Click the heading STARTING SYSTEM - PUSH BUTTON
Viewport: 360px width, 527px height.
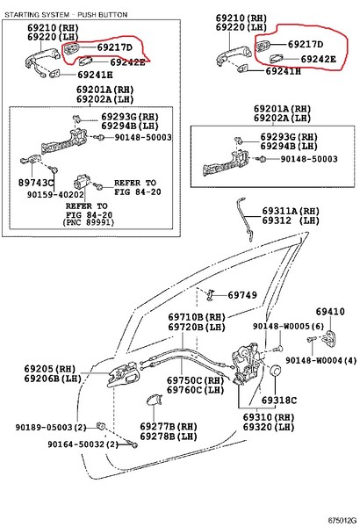point(66,15)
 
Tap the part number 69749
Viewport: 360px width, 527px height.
point(242,295)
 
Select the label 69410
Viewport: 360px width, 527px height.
point(330,312)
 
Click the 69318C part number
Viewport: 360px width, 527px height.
point(279,401)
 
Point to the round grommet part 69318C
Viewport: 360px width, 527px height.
point(276,370)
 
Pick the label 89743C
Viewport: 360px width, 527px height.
point(36,183)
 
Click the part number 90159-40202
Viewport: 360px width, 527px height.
point(55,195)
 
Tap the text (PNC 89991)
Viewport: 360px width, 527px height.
point(89,222)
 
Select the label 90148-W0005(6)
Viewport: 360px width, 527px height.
point(288,326)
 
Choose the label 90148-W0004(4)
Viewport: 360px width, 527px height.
point(321,360)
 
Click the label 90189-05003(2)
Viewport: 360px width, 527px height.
point(51,428)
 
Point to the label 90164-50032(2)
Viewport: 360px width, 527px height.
point(83,444)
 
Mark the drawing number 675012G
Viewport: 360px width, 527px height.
point(342,521)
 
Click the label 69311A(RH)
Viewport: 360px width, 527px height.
point(291,211)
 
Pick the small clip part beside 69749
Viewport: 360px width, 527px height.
point(211,295)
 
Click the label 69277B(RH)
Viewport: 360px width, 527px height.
point(169,427)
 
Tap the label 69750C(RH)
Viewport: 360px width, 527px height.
point(195,380)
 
